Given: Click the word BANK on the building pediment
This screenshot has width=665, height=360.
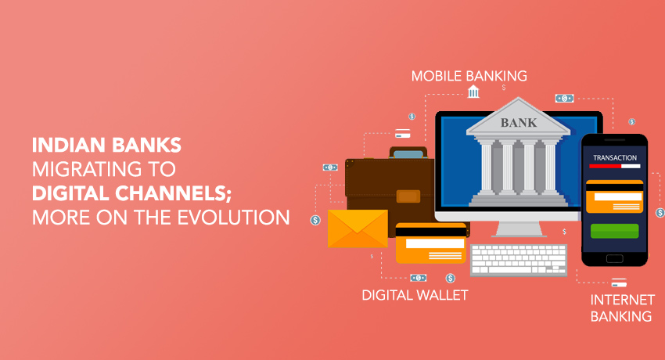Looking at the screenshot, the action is tap(518, 123).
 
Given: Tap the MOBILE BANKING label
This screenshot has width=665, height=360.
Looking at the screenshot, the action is tap(469, 76).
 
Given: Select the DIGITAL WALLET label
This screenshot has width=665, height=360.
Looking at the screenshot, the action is tap(415, 295).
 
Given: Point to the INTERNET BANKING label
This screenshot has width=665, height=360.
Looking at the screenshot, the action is tap(622, 308).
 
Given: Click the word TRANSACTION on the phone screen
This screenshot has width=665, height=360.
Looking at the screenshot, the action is tap(614, 158).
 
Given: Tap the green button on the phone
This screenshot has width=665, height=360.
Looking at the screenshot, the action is tap(614, 231).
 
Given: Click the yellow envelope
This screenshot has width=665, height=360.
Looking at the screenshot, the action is tap(358, 229).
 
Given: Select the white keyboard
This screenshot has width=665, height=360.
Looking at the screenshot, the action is tap(518, 260).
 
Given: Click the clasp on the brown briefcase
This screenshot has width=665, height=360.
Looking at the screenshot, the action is tap(408, 196).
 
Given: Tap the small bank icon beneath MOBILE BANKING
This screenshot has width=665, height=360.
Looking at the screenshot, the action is tap(473, 92).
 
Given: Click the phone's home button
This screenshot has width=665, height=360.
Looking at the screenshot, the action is tap(614, 259).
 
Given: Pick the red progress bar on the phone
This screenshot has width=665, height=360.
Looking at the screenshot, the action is tap(606, 166).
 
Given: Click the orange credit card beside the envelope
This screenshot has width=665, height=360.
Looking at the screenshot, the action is tap(430, 243).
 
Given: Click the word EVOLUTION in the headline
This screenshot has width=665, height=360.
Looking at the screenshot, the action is tap(233, 218).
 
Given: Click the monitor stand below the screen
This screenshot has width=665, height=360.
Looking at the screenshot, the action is tap(519, 229).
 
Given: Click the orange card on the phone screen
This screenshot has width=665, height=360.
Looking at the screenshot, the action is tap(614, 196).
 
